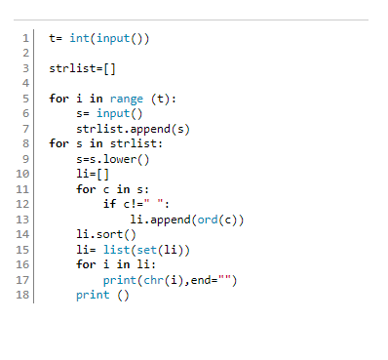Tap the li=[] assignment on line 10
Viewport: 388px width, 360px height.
pyautogui.click(x=95, y=174)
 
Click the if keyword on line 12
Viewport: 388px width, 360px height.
pyautogui.click(x=109, y=204)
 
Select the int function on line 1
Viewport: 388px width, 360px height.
pyautogui.click(x=80, y=39)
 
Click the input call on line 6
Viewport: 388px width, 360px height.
pyautogui.click(x=120, y=113)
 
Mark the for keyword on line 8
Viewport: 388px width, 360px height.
pyautogui.click(x=59, y=143)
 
